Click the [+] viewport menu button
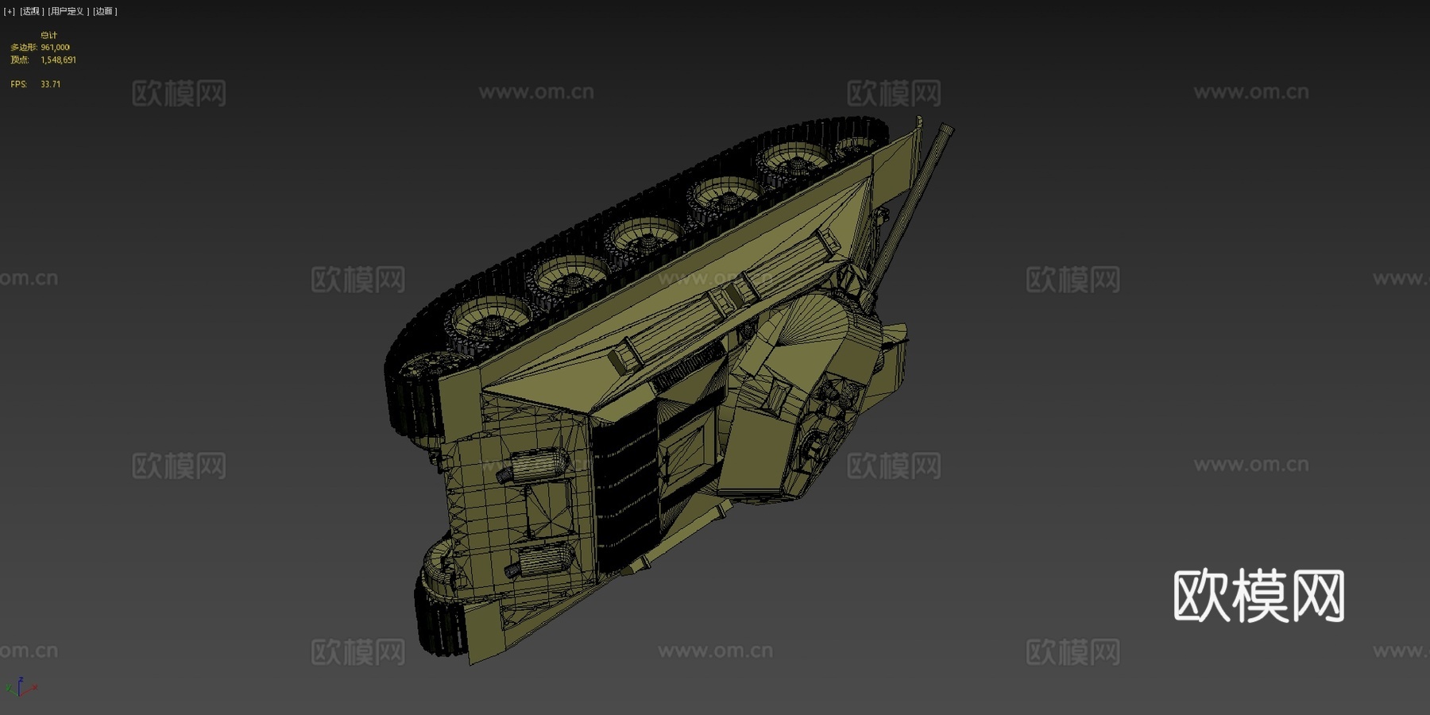10,11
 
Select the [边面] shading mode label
105,11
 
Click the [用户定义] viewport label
68,11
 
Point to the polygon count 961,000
55,48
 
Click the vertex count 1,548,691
58,60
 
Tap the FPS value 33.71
50,84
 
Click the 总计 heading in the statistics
48,35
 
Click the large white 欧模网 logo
1258,595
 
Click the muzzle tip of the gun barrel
946,129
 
